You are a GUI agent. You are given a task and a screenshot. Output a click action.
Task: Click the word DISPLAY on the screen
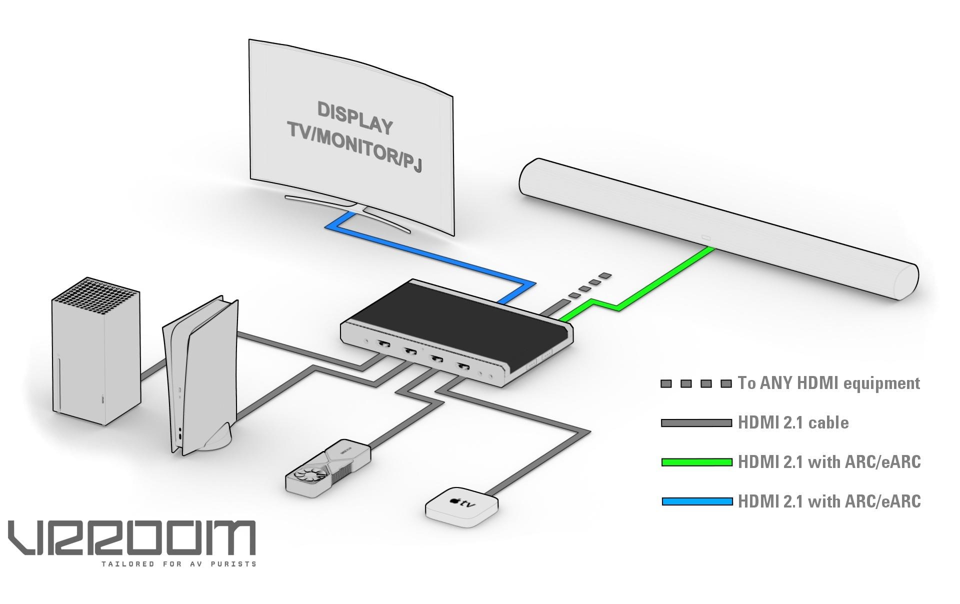pyautogui.click(x=354, y=118)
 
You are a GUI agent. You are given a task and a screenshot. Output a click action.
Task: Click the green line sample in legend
pyautogui.click(x=696, y=462)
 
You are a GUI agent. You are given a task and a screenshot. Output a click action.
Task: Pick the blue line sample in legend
pyautogui.click(x=696, y=501)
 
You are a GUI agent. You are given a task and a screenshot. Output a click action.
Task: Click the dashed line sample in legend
pyautogui.click(x=696, y=383)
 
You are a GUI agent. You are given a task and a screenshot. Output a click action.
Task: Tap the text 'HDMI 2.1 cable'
pyautogui.click(x=793, y=423)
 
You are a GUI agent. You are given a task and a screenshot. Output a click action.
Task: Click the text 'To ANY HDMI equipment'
pyautogui.click(x=828, y=383)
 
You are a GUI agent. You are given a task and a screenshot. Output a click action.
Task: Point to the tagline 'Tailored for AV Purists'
pyautogui.click(x=179, y=564)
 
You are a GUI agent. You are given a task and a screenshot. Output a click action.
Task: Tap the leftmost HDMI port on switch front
pyautogui.click(x=384, y=344)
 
